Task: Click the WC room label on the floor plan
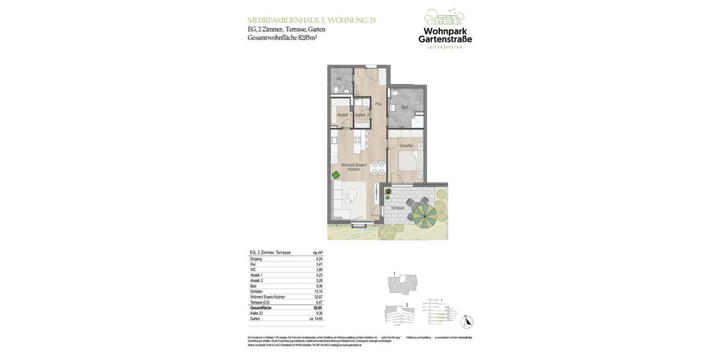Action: click(339, 79)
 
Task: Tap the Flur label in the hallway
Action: click(378, 104)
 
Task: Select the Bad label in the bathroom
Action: click(404, 107)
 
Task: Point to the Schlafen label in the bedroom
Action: click(406, 146)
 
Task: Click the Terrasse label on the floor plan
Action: click(397, 208)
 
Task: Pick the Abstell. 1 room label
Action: click(344, 115)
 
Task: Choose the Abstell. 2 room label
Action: click(362, 115)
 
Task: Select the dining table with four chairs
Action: click(377, 167)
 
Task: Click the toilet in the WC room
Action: click(337, 90)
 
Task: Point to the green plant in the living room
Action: click(335, 175)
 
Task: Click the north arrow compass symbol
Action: click(466, 322)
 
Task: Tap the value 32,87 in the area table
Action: click(319, 297)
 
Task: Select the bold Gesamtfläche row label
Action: click(261, 308)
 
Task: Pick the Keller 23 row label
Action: click(257, 313)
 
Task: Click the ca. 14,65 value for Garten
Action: click(316, 319)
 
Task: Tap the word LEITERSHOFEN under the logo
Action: click(445, 47)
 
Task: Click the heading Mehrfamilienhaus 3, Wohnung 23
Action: click(311, 20)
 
